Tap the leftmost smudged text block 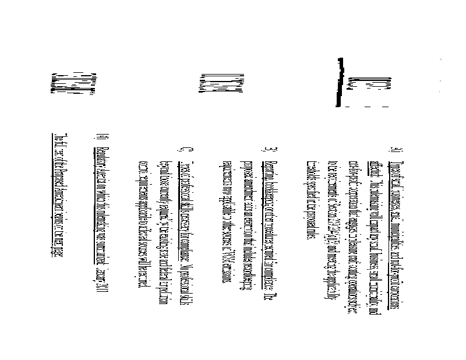coord(73,82)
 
